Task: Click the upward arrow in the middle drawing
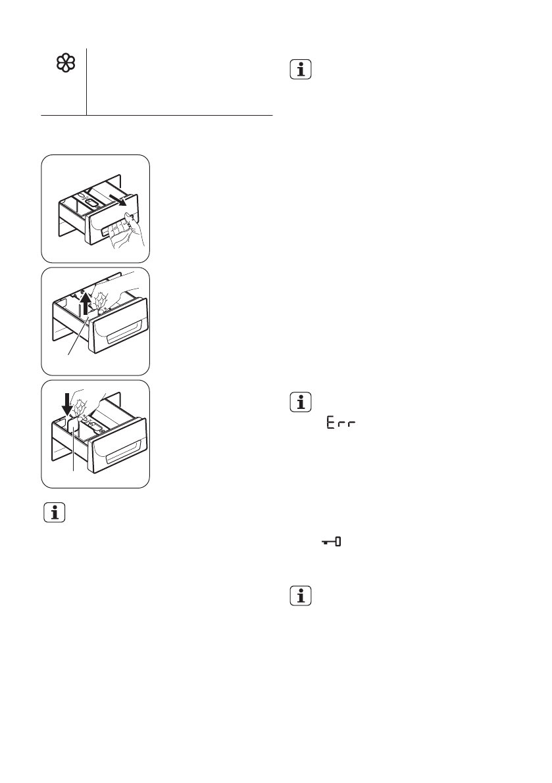[x=84, y=304]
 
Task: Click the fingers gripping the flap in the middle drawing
[x=102, y=300]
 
